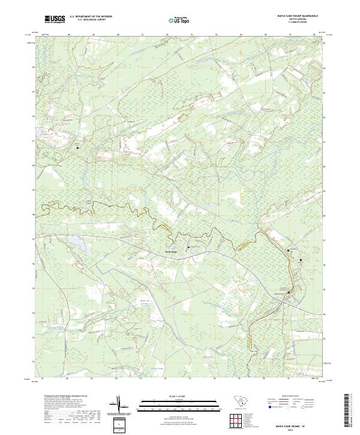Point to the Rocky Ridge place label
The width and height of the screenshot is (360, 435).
click(172, 251)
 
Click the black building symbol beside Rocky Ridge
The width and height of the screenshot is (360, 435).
click(189, 247)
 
